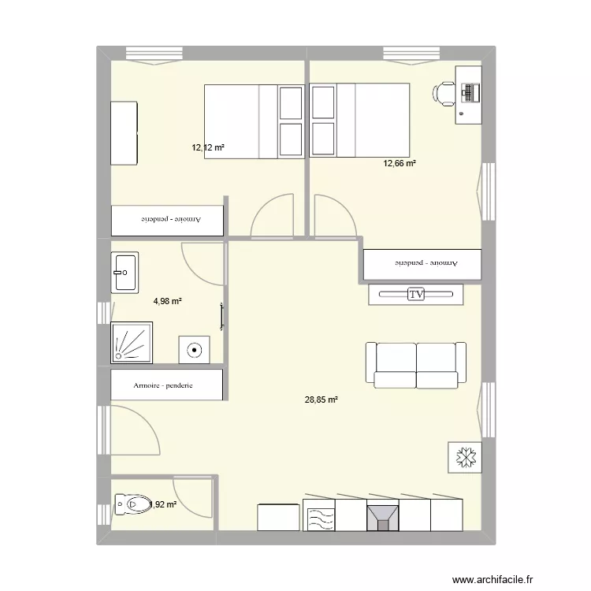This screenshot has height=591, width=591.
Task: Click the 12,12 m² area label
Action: pyautogui.click(x=208, y=147)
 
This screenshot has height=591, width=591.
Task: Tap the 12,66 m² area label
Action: pyautogui.click(x=400, y=164)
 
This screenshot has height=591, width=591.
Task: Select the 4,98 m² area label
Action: pyautogui.click(x=168, y=301)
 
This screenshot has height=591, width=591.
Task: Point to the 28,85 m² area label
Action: pyautogui.click(x=321, y=400)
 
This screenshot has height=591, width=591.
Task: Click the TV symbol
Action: pyautogui.click(x=416, y=294)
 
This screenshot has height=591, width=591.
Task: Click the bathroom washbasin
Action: pyautogui.click(x=125, y=273)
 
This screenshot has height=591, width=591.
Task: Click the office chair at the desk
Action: pyautogui.click(x=443, y=93)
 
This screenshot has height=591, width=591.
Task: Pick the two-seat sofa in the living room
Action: pyautogui.click(x=416, y=365)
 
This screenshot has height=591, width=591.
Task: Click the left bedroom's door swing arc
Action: pyautogui.click(x=270, y=216)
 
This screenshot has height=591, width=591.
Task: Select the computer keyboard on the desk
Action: pyautogui.click(x=472, y=93)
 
